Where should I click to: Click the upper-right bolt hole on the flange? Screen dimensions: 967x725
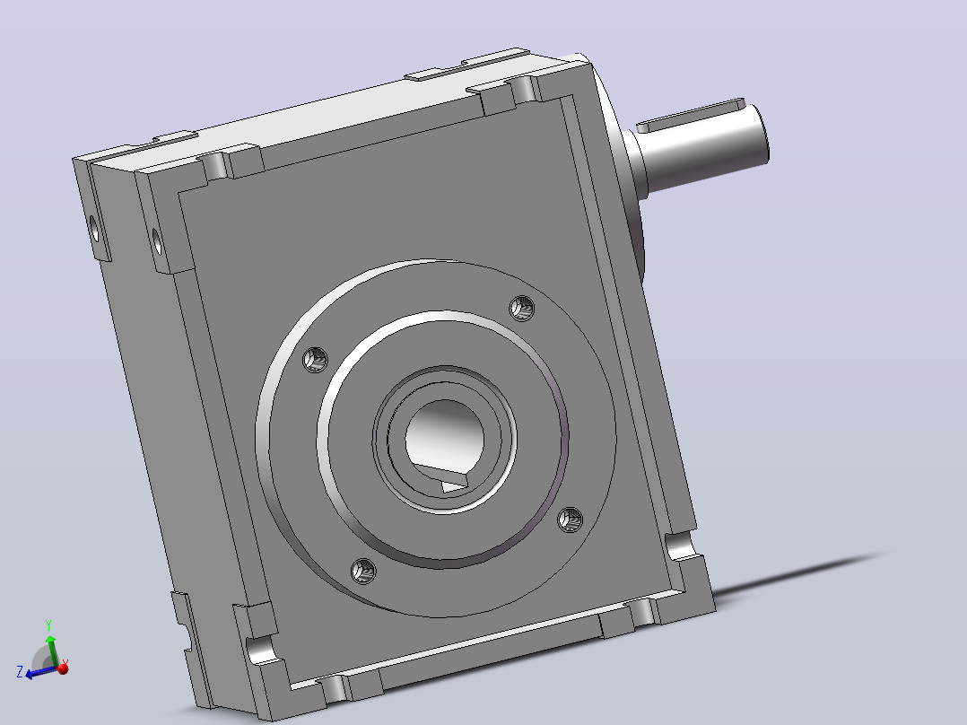pyautogui.click(x=522, y=308)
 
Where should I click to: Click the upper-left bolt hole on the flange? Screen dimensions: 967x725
pyautogui.click(x=315, y=360)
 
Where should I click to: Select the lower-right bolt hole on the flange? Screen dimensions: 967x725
pyautogui.click(x=570, y=520)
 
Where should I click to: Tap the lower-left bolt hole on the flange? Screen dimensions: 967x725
pyautogui.click(x=363, y=572)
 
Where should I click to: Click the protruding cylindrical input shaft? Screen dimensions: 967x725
pyautogui.click(x=701, y=149)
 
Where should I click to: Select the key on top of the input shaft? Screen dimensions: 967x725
pyautogui.click(x=691, y=116)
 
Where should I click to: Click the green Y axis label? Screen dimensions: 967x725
pyautogui.click(x=48, y=625)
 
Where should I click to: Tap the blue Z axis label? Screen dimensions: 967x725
pyautogui.click(x=20, y=671)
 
